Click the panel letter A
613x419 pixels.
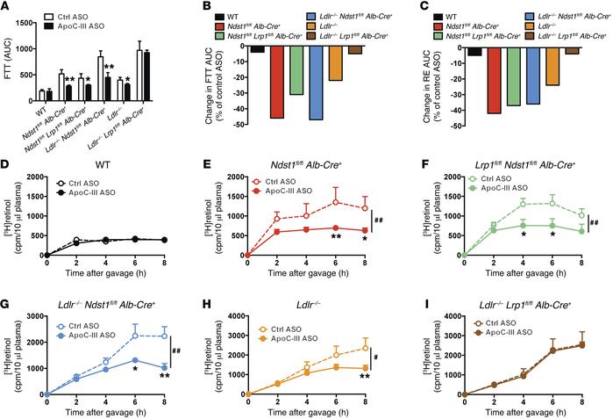point(7,7)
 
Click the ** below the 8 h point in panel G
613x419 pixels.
point(158,376)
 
